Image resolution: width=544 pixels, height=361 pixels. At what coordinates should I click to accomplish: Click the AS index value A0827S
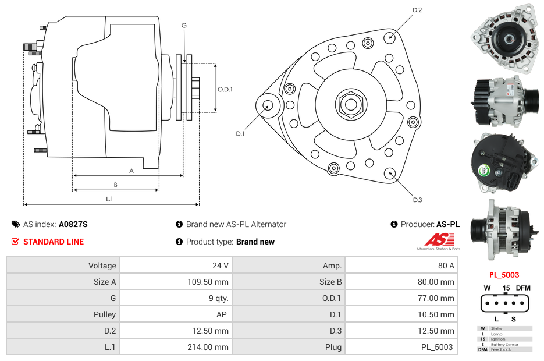(x=73, y=224)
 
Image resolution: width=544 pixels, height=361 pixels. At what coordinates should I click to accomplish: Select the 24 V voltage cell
(x=220, y=266)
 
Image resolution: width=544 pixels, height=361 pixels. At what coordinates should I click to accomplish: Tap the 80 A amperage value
(x=446, y=266)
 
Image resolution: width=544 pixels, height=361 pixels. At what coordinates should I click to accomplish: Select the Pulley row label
(x=105, y=314)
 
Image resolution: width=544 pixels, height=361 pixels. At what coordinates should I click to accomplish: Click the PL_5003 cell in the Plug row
(x=437, y=347)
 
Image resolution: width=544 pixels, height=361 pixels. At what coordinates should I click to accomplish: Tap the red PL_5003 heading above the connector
(x=504, y=275)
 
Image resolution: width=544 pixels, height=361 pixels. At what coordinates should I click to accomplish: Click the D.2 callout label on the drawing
(x=417, y=10)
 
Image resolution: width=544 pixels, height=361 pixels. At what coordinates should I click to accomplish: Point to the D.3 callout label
(x=417, y=200)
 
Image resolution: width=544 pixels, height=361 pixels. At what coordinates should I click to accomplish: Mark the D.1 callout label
(x=240, y=134)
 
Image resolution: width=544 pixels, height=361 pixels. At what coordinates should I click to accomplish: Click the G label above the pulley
(x=184, y=26)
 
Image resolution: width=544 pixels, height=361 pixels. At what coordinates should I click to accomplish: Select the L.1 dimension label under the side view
(x=109, y=199)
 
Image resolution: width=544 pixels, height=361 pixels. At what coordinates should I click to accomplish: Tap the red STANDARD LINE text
(x=54, y=242)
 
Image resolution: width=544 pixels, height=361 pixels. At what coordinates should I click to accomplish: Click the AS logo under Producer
(x=438, y=240)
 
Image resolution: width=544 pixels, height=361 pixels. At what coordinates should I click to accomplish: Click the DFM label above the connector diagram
(x=524, y=288)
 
